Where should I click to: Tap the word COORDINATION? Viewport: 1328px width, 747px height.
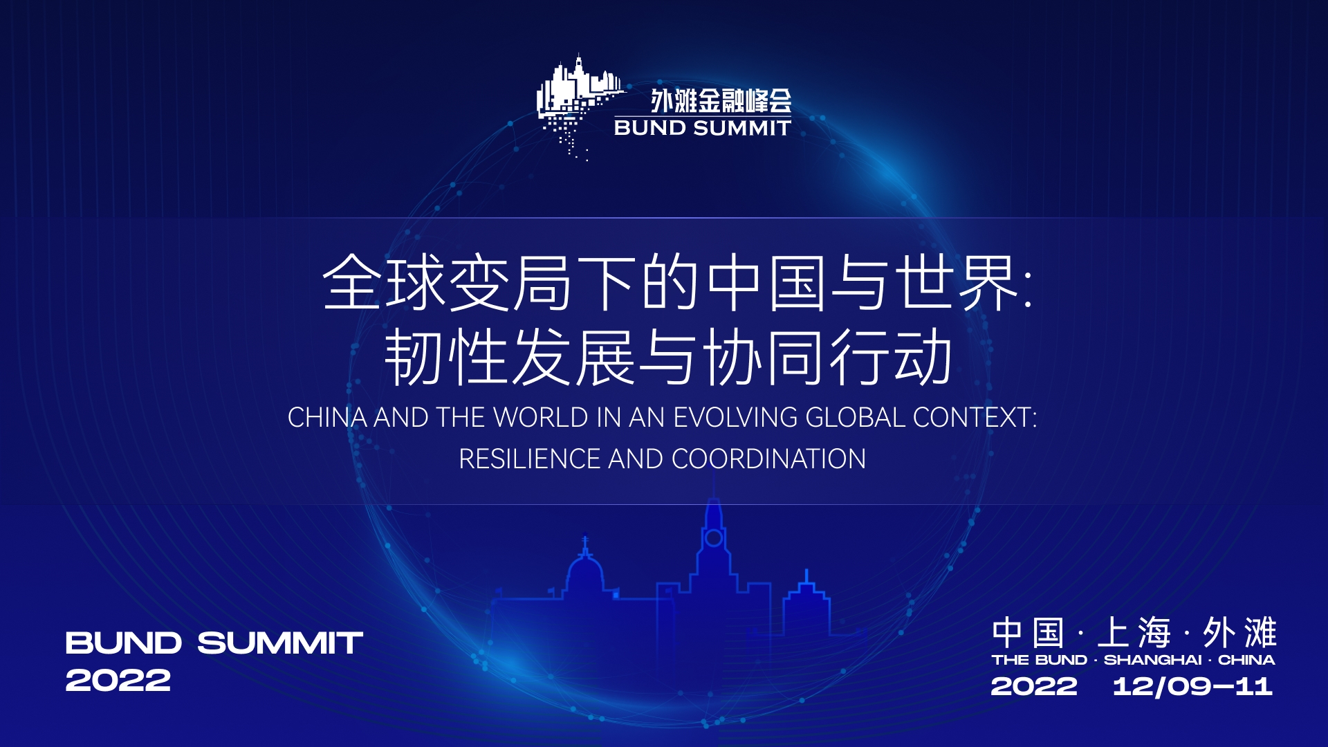click(768, 459)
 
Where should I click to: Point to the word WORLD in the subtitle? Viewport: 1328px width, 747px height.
click(540, 418)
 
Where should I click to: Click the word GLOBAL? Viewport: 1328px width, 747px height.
click(856, 418)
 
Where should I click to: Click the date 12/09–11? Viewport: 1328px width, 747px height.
click(1192, 686)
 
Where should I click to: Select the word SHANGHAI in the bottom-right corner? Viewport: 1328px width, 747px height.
click(1153, 660)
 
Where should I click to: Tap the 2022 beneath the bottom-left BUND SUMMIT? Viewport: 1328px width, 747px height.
click(118, 681)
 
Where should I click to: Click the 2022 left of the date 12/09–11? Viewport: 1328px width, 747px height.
click(1034, 686)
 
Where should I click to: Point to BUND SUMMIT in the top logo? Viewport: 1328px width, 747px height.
click(702, 128)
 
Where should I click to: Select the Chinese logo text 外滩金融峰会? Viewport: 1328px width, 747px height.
click(721, 101)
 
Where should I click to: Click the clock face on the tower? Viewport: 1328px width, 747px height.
click(714, 537)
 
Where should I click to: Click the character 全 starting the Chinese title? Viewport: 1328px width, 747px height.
click(352, 282)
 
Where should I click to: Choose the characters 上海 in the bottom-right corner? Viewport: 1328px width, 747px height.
click(1134, 632)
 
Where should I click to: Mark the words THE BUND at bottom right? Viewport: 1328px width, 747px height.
click(1040, 660)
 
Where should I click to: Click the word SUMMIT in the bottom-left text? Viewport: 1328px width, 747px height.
click(280, 643)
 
